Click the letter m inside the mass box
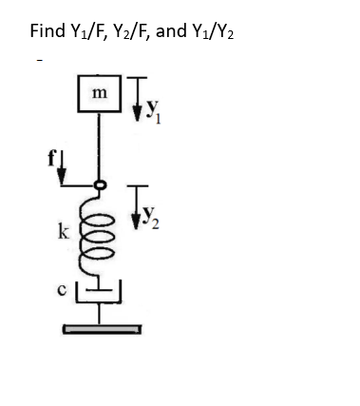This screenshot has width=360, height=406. [101, 93]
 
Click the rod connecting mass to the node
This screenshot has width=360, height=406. [100, 147]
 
